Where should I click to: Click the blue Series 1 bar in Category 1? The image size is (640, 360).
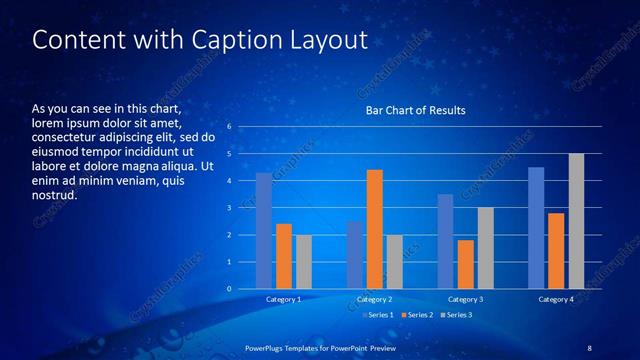tap(264, 231)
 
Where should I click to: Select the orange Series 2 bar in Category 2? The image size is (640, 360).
tap(375, 229)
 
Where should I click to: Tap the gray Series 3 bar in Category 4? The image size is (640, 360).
tap(576, 221)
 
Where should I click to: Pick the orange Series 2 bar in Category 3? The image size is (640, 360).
tap(466, 264)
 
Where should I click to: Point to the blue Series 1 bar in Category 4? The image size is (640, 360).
tap(536, 228)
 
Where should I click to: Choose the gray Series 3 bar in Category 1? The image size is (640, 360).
tap(304, 262)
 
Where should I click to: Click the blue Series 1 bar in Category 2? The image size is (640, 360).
tap(355, 255)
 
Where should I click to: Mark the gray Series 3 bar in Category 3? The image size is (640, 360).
tap(486, 248)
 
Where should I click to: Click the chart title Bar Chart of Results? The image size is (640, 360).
tap(414, 110)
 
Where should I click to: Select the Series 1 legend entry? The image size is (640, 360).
tap(376, 315)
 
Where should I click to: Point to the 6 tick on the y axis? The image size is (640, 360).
tap(229, 127)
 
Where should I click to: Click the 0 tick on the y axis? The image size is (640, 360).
tap(229, 289)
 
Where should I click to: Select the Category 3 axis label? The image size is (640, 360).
tap(465, 299)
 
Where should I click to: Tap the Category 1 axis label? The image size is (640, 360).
tap(284, 299)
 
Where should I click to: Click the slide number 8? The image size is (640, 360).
tap(589, 346)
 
